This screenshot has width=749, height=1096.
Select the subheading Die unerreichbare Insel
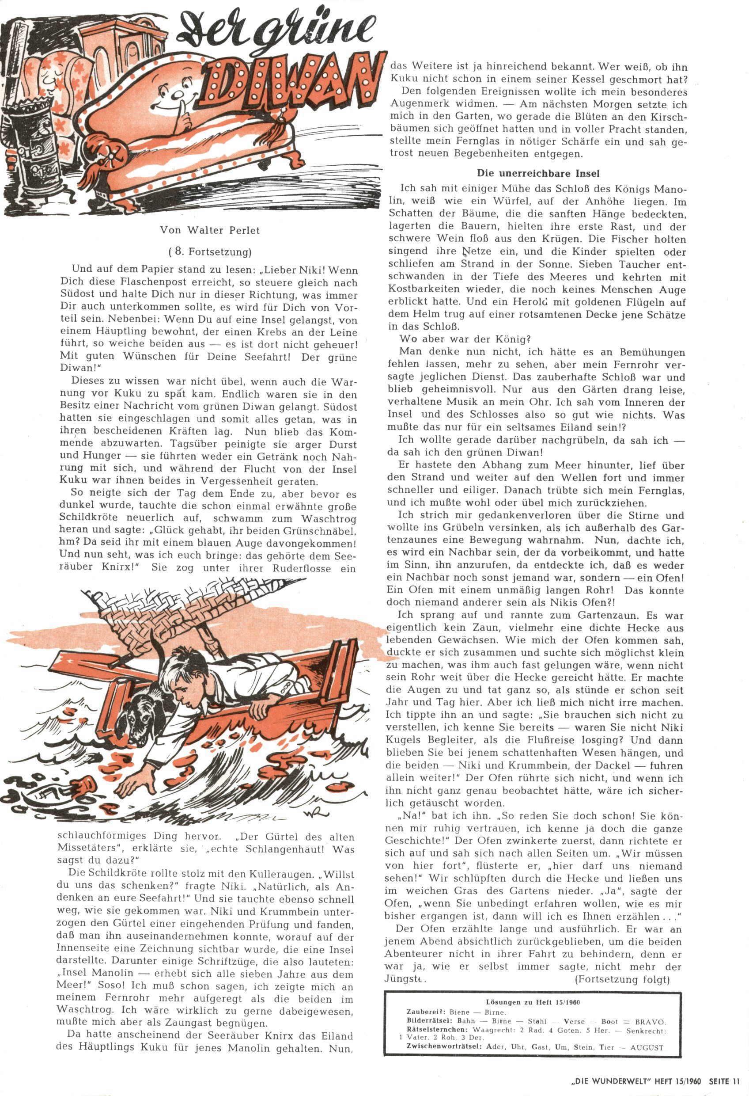point(538,173)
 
